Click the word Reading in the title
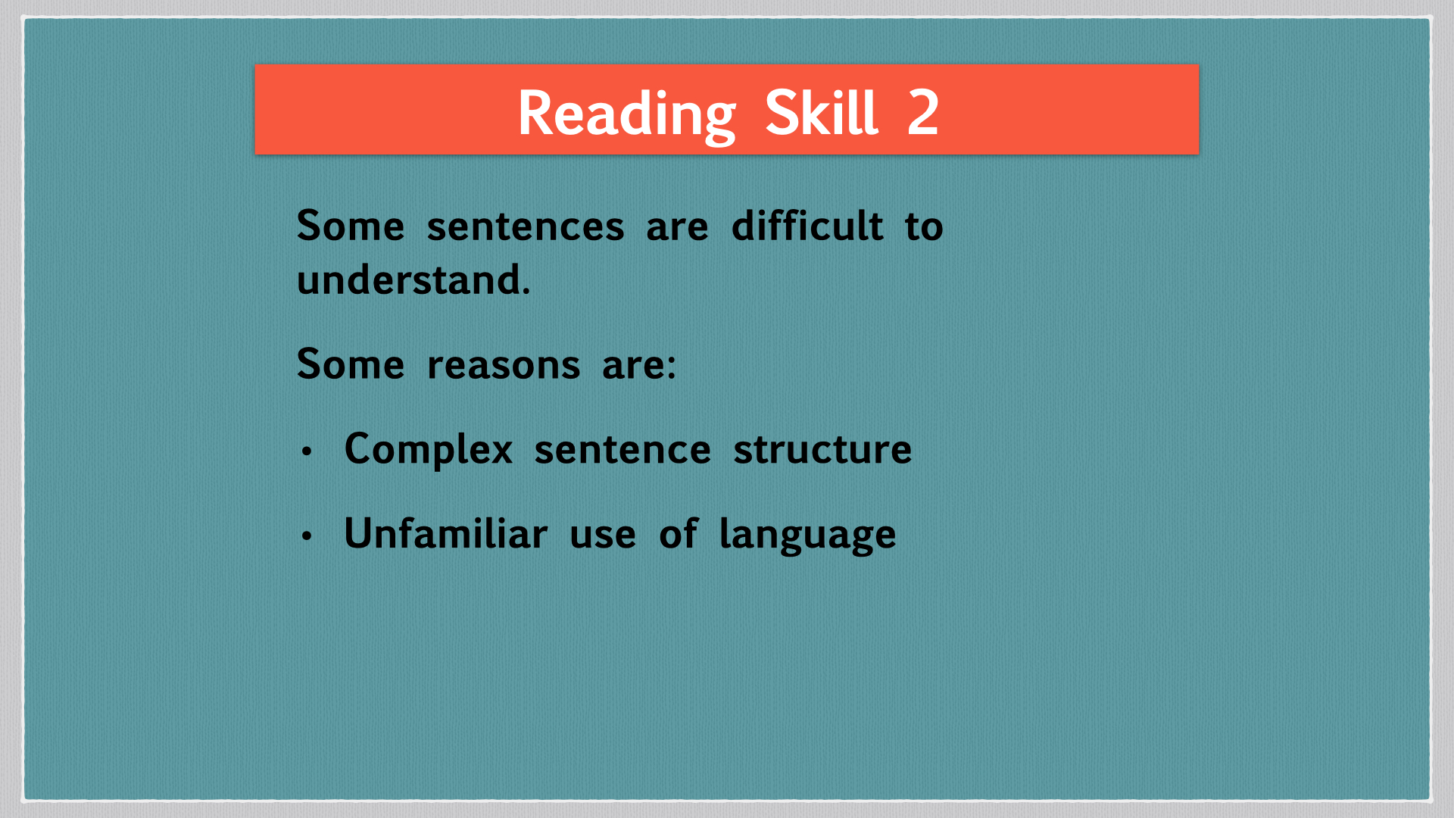(627, 114)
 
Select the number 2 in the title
(923, 113)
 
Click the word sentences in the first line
(526, 226)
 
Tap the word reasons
(504, 365)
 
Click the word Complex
(429, 449)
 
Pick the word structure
(822, 449)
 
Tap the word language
(807, 535)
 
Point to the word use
(603, 535)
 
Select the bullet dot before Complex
(307, 452)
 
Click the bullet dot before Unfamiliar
(307, 536)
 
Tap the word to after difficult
(924, 226)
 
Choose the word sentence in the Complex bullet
(622, 451)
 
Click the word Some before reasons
(351, 364)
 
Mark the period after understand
(526, 292)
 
